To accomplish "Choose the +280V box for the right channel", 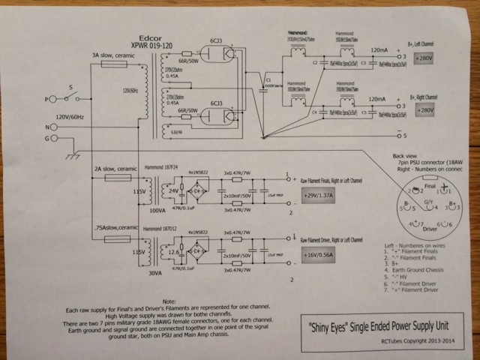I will tap(423, 110).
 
